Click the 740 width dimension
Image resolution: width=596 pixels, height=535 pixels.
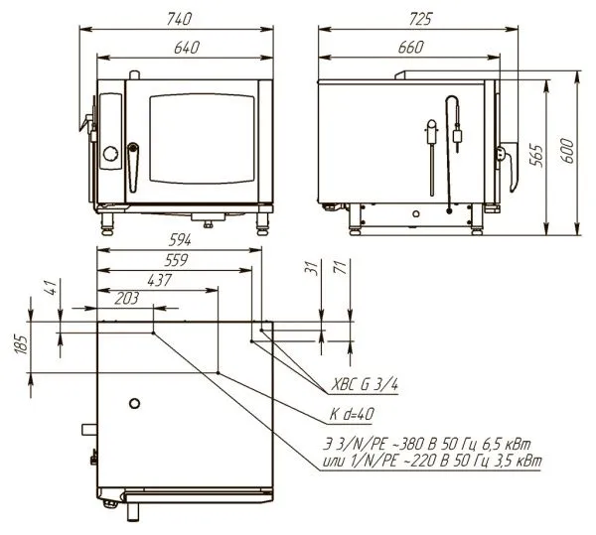pyautogui.click(x=179, y=20)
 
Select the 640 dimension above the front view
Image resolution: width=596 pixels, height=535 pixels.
pyautogui.click(x=187, y=48)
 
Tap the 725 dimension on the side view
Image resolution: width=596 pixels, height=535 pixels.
pyautogui.click(x=420, y=20)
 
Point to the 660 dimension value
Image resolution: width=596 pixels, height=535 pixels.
pyautogui.click(x=411, y=48)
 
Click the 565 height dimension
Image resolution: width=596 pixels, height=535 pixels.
pyautogui.click(x=536, y=155)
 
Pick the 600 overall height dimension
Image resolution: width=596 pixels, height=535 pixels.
pyautogui.click(x=567, y=151)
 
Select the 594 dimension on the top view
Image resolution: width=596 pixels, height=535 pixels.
pyautogui.click(x=180, y=240)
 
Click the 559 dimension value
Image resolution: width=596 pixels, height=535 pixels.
pyautogui.click(x=176, y=260)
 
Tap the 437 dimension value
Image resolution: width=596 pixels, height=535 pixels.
pyautogui.click(x=160, y=280)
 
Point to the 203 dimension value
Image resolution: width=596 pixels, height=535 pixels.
pyautogui.click(x=126, y=299)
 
